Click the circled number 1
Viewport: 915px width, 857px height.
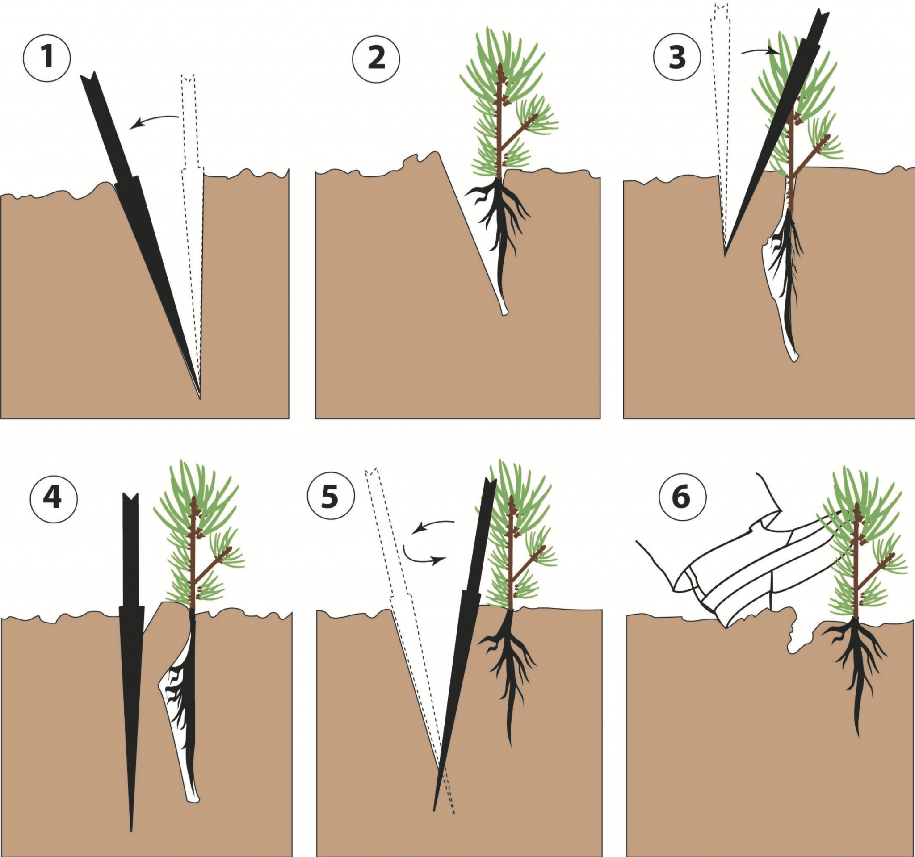46,59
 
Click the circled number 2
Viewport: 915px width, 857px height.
376,59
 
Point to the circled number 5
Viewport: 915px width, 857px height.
331,498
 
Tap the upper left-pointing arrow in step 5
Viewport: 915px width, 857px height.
432,525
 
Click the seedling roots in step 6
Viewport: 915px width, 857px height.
856,662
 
